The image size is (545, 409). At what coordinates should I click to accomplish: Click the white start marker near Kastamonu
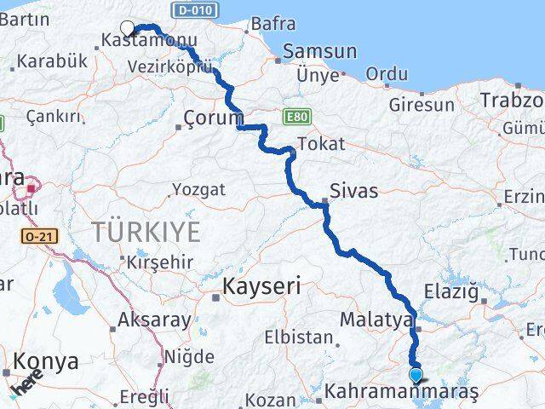click(128, 28)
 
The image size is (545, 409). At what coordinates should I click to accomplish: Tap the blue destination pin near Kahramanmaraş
click(416, 375)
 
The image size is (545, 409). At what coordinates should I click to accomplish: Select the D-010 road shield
click(195, 10)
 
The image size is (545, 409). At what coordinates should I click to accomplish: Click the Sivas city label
click(355, 190)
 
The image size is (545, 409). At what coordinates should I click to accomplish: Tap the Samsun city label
click(319, 51)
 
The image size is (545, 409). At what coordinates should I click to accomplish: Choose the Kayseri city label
click(261, 287)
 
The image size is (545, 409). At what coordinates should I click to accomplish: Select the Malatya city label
click(376, 320)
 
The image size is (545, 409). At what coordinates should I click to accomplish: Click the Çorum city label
click(214, 118)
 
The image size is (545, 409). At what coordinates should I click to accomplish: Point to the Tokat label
click(322, 144)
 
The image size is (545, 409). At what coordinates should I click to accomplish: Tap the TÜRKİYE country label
click(146, 231)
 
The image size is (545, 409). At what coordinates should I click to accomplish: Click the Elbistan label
click(298, 337)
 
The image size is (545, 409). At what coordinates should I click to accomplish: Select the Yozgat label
click(198, 189)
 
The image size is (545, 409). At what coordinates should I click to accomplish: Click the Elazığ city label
click(456, 293)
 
